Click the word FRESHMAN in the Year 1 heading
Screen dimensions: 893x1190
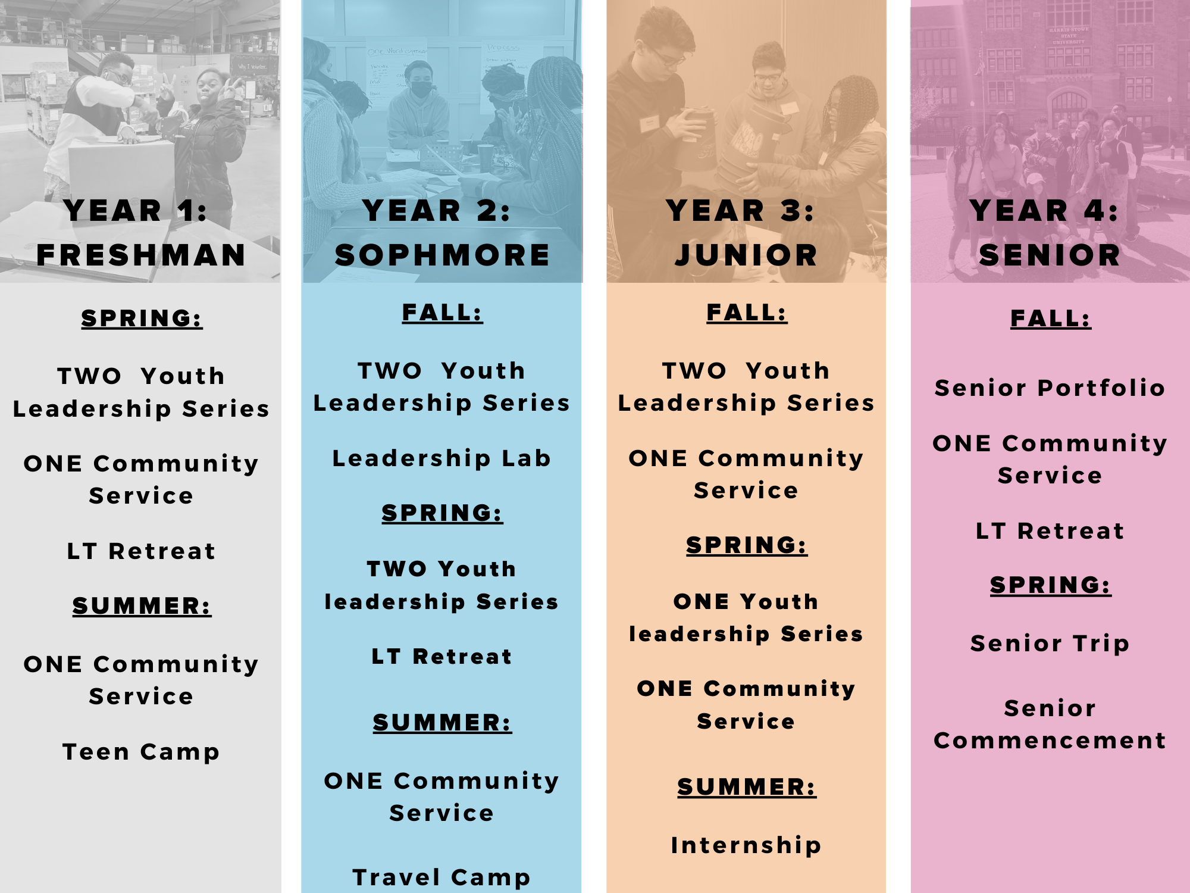pos(141,255)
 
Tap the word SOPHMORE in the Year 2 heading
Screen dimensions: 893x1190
pos(442,255)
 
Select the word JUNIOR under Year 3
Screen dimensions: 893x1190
pos(746,255)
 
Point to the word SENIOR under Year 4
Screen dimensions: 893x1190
pos(1050,255)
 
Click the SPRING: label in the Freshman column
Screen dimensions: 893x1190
pos(142,319)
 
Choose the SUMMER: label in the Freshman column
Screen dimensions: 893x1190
pos(142,606)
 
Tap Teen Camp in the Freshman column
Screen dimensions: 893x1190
pos(141,752)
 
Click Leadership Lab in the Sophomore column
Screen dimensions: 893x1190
pos(441,458)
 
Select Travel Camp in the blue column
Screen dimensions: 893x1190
pos(441,877)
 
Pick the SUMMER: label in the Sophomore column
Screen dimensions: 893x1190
pos(442,723)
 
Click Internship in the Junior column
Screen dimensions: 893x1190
pos(746,845)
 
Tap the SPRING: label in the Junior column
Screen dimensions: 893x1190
pos(747,545)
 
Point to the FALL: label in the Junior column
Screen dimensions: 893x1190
pos(747,313)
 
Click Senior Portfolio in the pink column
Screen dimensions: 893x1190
pos(1050,388)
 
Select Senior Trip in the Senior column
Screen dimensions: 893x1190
pos(1050,644)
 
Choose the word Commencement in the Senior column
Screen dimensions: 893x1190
pos(1050,741)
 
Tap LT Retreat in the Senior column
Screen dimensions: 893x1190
pos(1050,531)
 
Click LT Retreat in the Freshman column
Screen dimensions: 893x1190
pos(141,551)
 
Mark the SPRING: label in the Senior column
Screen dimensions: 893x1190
pos(1050,585)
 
